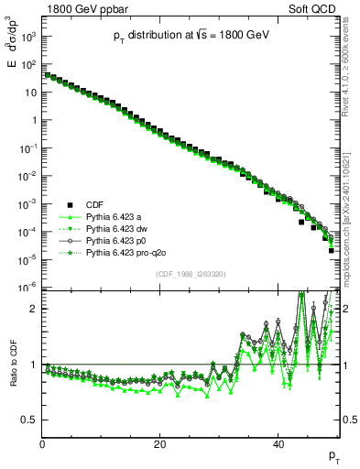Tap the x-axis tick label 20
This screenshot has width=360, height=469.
click(160, 444)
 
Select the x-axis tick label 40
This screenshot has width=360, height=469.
click(278, 444)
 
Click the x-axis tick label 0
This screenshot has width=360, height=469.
click(42, 444)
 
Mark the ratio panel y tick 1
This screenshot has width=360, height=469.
click(34, 365)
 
